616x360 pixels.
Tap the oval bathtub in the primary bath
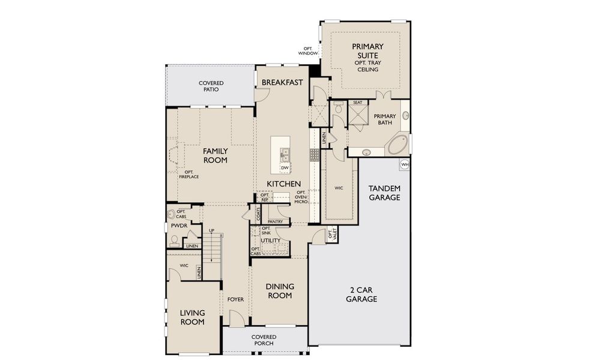click(x=397, y=145)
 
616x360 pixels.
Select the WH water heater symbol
click(x=405, y=163)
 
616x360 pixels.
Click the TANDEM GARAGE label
click(x=384, y=193)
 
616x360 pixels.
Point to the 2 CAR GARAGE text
click(x=361, y=294)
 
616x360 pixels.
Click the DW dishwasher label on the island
click(x=285, y=167)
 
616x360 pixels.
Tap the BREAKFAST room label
click(x=282, y=82)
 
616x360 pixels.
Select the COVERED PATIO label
click(x=211, y=86)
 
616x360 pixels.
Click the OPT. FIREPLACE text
click(x=189, y=175)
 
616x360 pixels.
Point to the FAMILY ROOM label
click(x=215, y=155)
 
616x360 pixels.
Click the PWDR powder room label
click(x=179, y=226)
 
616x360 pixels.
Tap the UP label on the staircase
click(x=211, y=231)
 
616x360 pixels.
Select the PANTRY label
click(x=275, y=221)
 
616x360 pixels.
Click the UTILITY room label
click(x=271, y=240)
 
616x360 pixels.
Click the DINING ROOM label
click(x=279, y=290)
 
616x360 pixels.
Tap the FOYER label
click(x=235, y=299)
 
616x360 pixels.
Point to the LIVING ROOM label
click(x=192, y=317)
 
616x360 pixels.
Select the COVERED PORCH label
click(x=264, y=340)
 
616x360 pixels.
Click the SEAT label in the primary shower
click(x=358, y=103)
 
